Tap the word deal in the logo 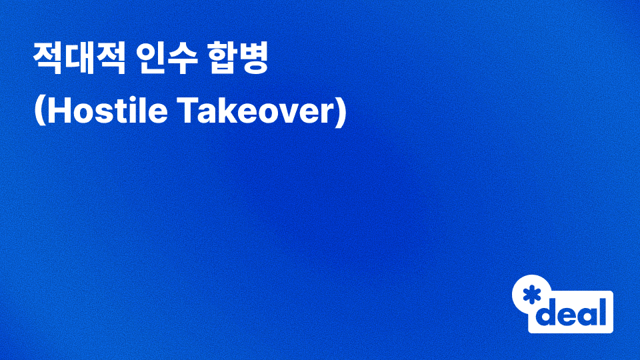573,311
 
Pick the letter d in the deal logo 547,311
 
